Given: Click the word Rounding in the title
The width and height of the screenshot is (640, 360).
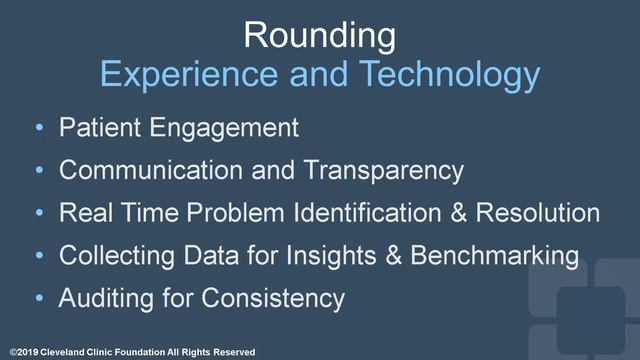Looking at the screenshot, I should point(320,35).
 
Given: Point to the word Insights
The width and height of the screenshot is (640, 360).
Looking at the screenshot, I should point(339,256).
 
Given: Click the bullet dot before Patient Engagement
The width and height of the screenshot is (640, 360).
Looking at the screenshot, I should point(38,129).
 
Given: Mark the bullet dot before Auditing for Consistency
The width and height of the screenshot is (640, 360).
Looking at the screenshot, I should point(38,299).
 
